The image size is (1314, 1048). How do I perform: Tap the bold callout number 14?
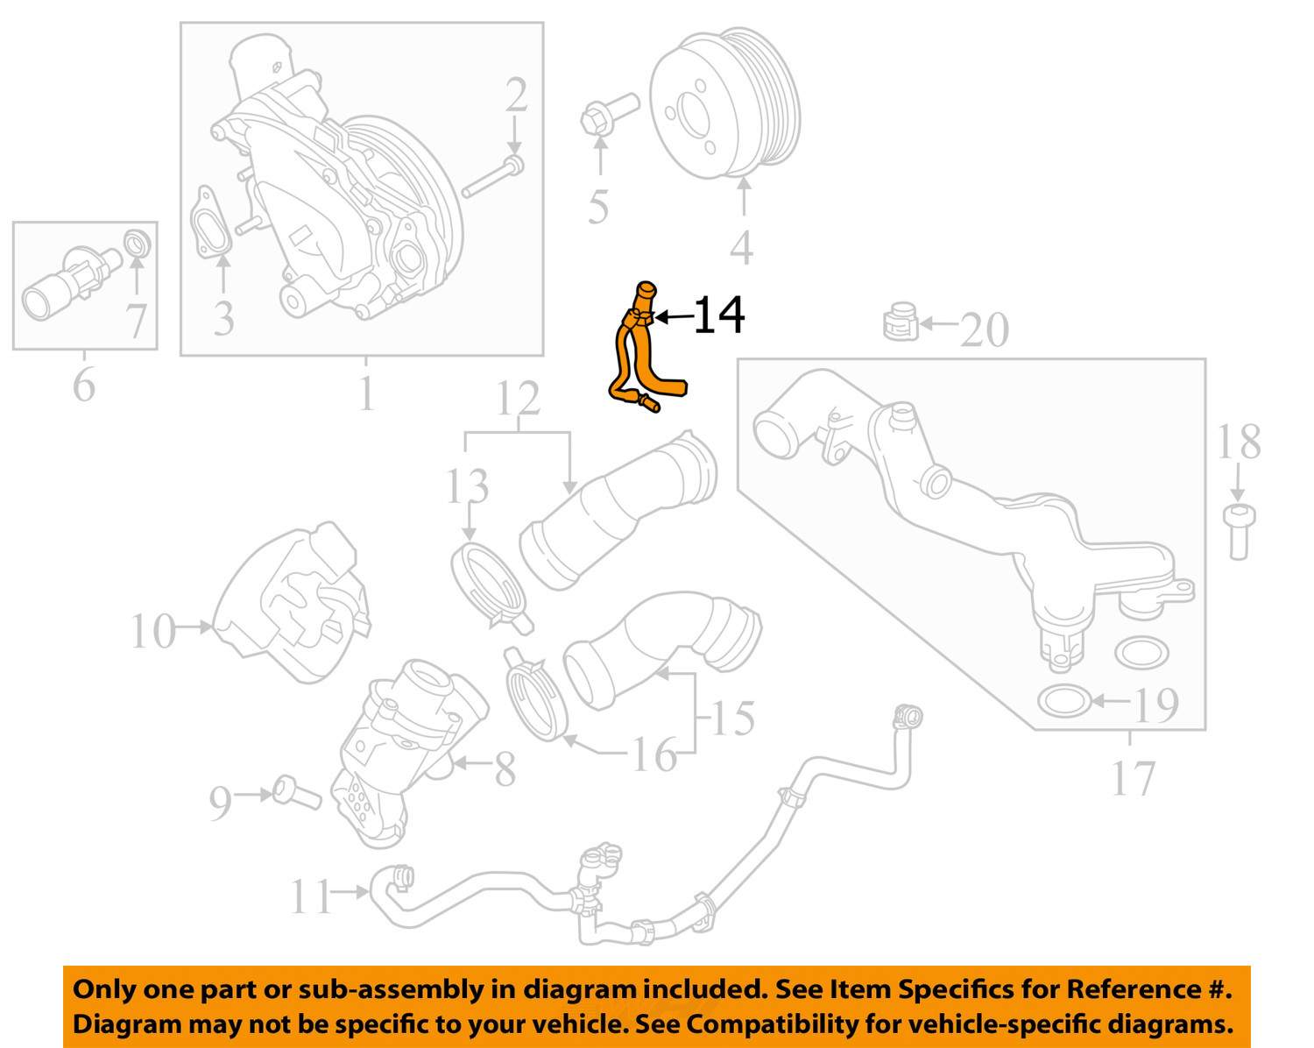point(719,315)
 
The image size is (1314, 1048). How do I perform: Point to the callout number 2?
point(516,96)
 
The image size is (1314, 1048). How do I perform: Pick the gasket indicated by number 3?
point(211,223)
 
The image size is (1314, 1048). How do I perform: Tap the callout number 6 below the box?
point(83,385)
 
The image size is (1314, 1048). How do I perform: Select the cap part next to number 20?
point(900,322)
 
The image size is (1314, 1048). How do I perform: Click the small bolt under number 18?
point(1237,530)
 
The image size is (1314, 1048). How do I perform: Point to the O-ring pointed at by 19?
point(1063,701)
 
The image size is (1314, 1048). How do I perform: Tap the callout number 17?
point(1133,777)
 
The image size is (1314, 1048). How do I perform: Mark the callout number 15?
point(732,719)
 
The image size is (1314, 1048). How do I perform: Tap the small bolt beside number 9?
point(294,793)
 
